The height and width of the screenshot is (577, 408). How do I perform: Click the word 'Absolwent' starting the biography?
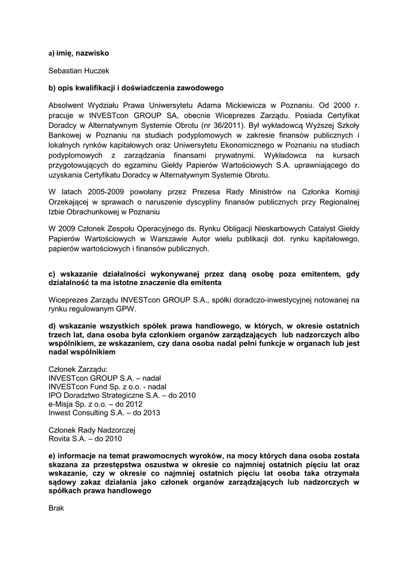click(x=67, y=105)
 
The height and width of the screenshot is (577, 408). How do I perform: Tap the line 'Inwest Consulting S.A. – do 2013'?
click(x=105, y=413)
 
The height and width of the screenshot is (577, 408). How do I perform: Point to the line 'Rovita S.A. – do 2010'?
click(x=85, y=438)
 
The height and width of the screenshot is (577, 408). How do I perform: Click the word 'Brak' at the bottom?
click(x=57, y=508)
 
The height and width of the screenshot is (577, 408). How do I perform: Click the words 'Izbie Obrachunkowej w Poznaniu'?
click(x=104, y=212)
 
